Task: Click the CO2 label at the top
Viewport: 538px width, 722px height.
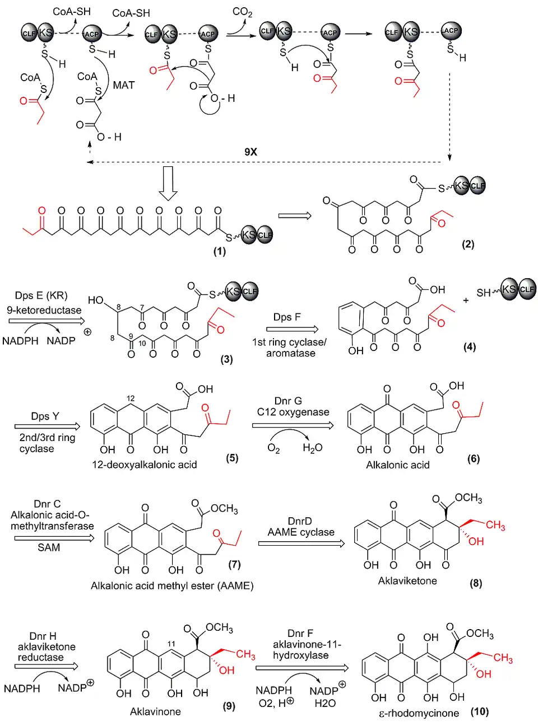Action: coord(242,12)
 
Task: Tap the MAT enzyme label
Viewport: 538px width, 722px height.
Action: coord(123,85)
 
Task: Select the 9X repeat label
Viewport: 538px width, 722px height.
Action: coord(251,152)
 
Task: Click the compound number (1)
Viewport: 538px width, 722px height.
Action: coord(219,251)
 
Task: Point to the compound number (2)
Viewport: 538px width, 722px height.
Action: coord(468,244)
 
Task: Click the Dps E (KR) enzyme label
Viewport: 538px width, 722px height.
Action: coord(41,296)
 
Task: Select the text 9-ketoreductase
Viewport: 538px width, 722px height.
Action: coord(44,310)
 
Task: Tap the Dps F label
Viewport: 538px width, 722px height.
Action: coord(287,317)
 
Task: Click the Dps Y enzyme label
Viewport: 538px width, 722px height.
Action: coord(45,416)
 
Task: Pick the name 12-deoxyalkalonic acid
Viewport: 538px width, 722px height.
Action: coord(144,465)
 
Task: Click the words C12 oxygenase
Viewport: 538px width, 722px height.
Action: coord(293,412)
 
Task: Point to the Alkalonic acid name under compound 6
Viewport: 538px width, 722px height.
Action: coord(397,465)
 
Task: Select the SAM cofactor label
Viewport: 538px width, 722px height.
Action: coord(49,547)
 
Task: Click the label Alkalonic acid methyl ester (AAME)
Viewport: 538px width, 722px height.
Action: coord(172,586)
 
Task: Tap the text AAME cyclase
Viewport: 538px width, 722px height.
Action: coord(301,532)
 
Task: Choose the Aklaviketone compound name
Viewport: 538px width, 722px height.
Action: coord(407,581)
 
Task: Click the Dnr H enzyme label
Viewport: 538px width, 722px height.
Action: coord(43,636)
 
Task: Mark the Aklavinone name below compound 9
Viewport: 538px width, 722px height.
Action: coord(155,711)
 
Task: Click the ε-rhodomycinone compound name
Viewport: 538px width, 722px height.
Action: coord(419,713)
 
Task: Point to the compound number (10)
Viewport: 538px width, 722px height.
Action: coord(480,711)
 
